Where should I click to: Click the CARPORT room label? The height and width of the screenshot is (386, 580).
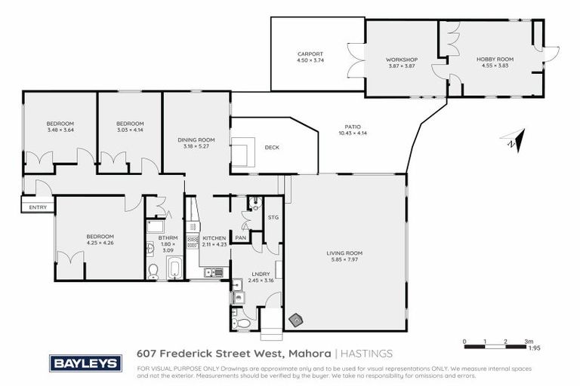pyautogui.click(x=310, y=54)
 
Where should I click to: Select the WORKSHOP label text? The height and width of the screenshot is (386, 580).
pyautogui.click(x=402, y=60)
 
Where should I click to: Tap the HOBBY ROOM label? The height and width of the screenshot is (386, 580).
pyautogui.click(x=494, y=60)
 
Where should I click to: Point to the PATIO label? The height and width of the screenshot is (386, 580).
pyautogui.click(x=350, y=127)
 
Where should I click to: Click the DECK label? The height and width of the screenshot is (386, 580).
pyautogui.click(x=272, y=147)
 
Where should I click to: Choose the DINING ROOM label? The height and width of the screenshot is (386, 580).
pyautogui.click(x=196, y=139)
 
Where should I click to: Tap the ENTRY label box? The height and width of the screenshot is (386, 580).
pyautogui.click(x=38, y=207)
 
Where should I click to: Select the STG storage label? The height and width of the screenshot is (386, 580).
pyautogui.click(x=273, y=218)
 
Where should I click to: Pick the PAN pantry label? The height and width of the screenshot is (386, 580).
pyautogui.click(x=241, y=238)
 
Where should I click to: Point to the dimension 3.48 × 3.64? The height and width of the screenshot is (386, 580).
pyautogui.click(x=60, y=130)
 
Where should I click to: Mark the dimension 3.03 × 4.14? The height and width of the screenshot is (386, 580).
pyautogui.click(x=130, y=130)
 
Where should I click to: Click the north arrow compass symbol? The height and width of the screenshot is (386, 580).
pyautogui.click(x=511, y=140)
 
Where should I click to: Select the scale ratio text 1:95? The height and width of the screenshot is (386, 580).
pyautogui.click(x=533, y=348)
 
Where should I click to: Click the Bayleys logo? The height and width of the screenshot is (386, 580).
pyautogui.click(x=85, y=363)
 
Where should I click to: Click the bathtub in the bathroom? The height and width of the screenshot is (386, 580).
pyautogui.click(x=174, y=268)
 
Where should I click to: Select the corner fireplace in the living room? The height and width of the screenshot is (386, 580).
pyautogui.click(x=297, y=320)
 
